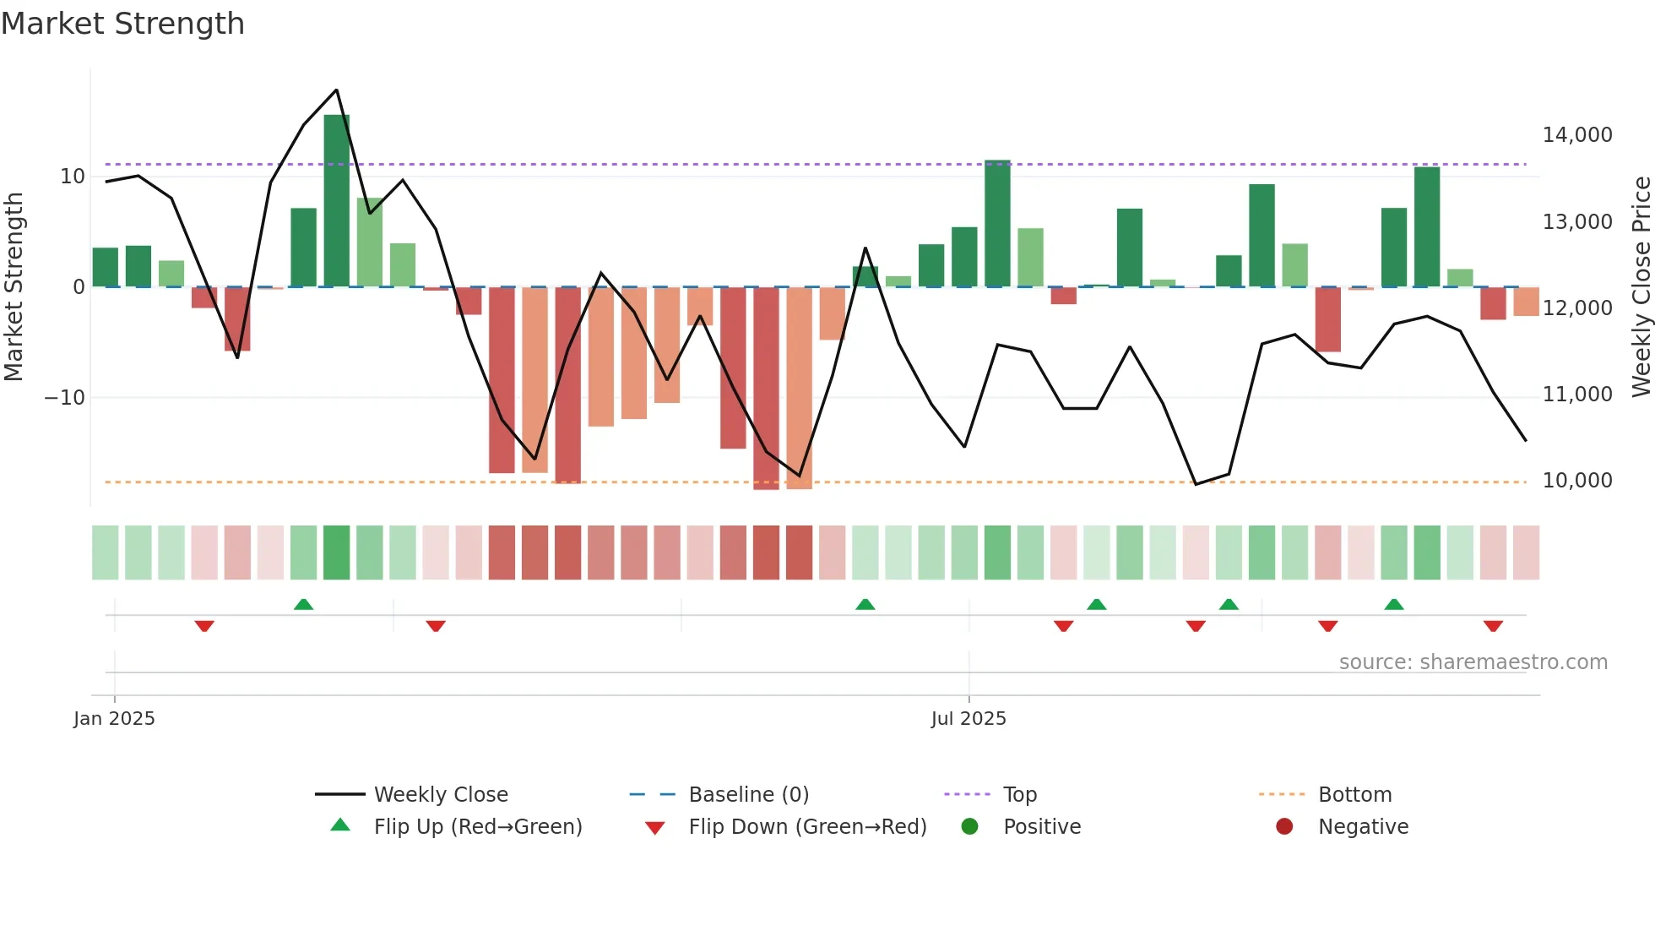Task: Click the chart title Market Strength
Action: coord(122,24)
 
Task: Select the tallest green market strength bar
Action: coord(336,201)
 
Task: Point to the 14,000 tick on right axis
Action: coord(1576,135)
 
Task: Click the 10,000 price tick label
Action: coord(1576,481)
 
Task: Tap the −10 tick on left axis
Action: coord(65,398)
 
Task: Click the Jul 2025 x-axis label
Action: coord(969,719)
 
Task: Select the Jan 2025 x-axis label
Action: coord(114,719)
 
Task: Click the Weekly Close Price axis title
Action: coord(1641,286)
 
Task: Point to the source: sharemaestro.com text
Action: coord(1473,662)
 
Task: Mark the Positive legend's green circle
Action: coord(969,826)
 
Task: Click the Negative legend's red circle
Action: coord(1284,826)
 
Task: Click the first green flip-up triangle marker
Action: coord(303,604)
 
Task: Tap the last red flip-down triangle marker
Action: coord(1493,626)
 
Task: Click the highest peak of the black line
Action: coord(336,90)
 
